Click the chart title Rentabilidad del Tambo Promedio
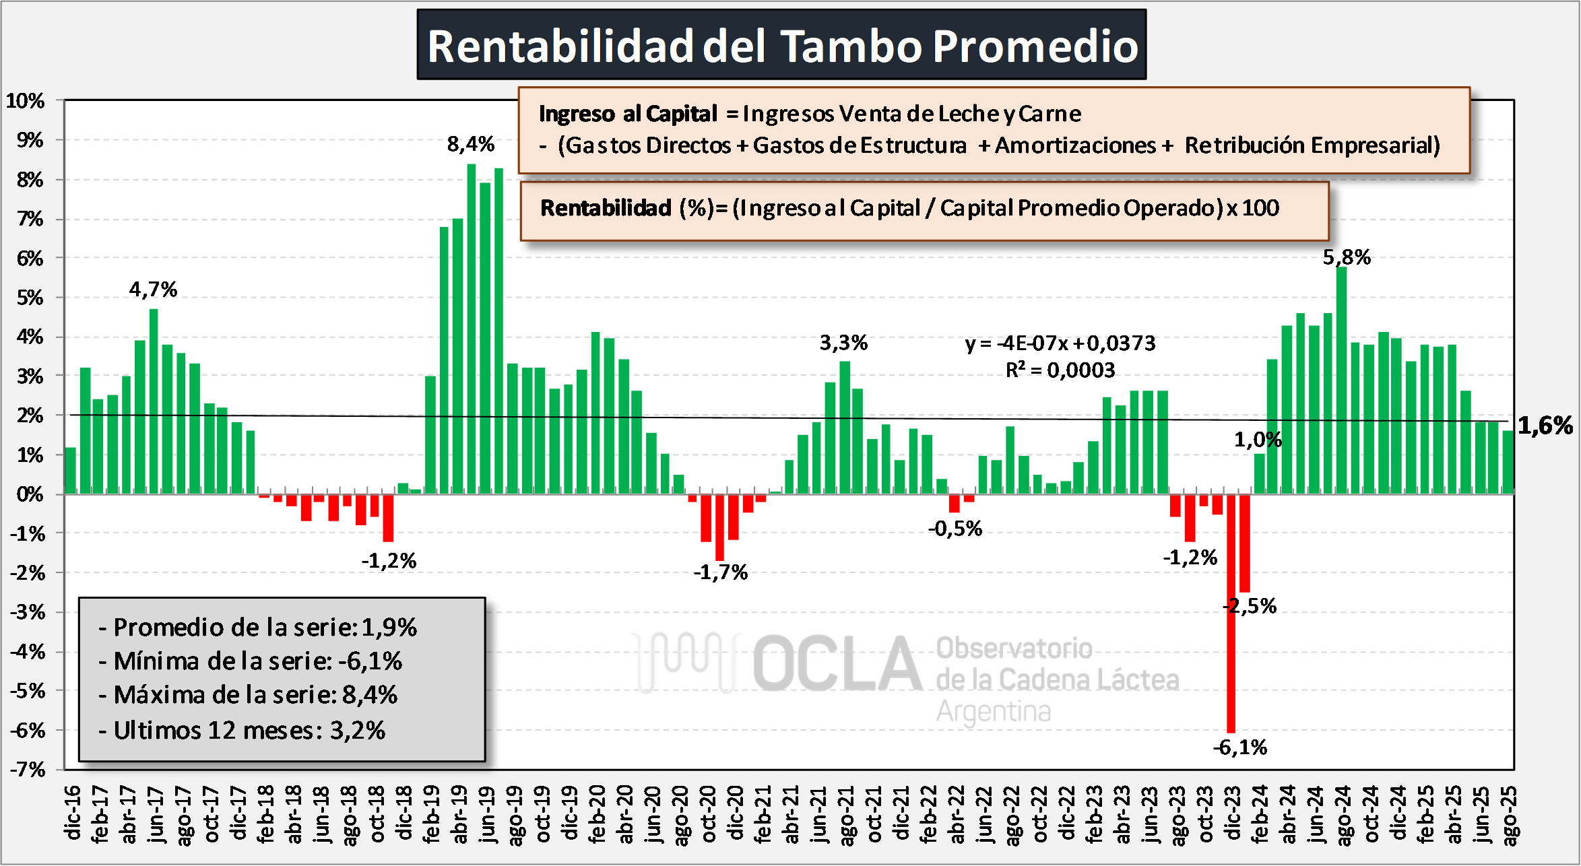tap(781, 46)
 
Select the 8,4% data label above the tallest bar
tap(470, 144)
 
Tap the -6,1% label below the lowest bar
tap(1239, 747)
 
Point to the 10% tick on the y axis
tap(26, 101)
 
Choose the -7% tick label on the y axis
tap(27, 769)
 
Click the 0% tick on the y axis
tap(30, 495)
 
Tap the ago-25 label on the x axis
tap(1510, 815)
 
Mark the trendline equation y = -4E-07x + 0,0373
tap(1060, 343)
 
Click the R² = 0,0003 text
tap(1060, 370)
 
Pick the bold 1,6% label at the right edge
tap(1545, 426)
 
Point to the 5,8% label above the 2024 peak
tap(1346, 257)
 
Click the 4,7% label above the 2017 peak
tap(153, 290)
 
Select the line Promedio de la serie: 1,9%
tap(258, 628)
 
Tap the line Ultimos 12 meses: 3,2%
tap(243, 731)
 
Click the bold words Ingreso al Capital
tap(628, 114)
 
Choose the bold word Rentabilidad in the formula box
tap(606, 208)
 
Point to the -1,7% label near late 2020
tap(720, 572)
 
